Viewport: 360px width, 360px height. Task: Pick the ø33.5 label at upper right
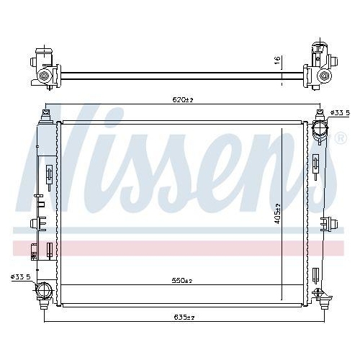point(339,112)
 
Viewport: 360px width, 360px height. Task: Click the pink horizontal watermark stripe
point(180,248)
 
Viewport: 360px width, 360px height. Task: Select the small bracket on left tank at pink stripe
point(33,251)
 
